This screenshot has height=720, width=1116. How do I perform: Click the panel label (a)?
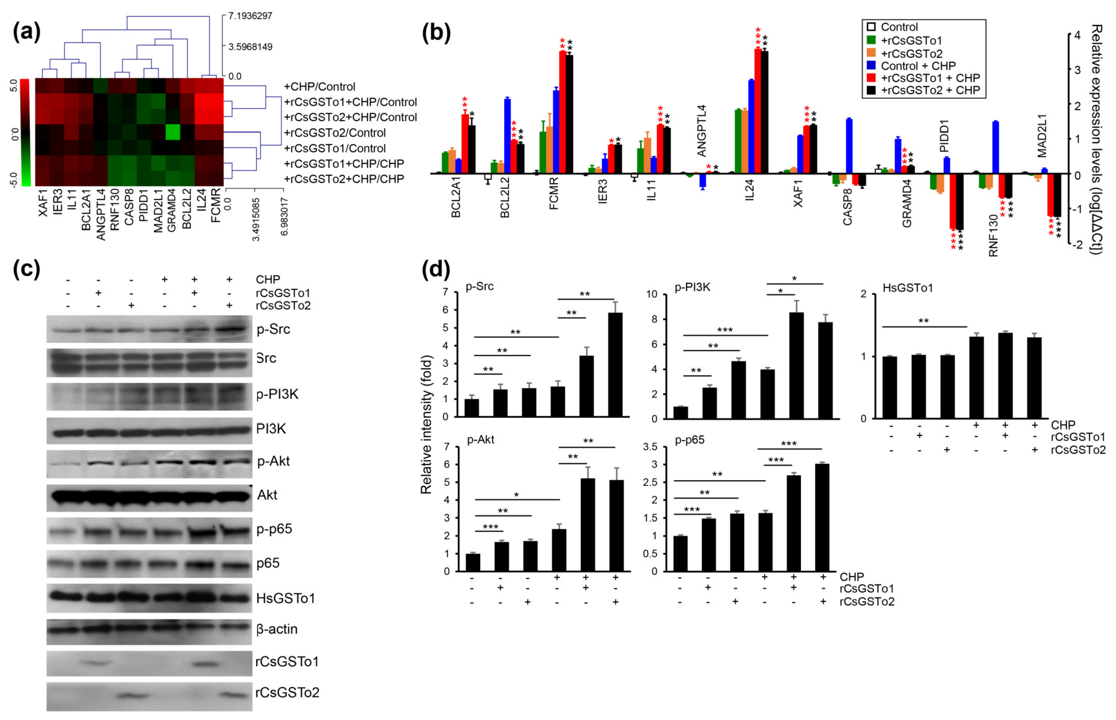pyautogui.click(x=27, y=33)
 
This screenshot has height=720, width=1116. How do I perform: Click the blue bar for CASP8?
pyautogui.click(x=849, y=146)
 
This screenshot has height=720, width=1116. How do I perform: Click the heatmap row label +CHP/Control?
pyautogui.click(x=319, y=86)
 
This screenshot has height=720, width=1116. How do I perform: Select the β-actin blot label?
pyautogui.click(x=277, y=629)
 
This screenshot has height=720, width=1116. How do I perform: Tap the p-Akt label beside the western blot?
pyautogui.click(x=274, y=462)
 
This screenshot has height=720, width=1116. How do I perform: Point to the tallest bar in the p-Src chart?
pyautogui.click(x=615, y=365)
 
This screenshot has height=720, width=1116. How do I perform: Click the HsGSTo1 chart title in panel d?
pyautogui.click(x=907, y=288)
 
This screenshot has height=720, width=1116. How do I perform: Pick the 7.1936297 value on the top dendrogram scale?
pyautogui.click(x=250, y=16)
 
